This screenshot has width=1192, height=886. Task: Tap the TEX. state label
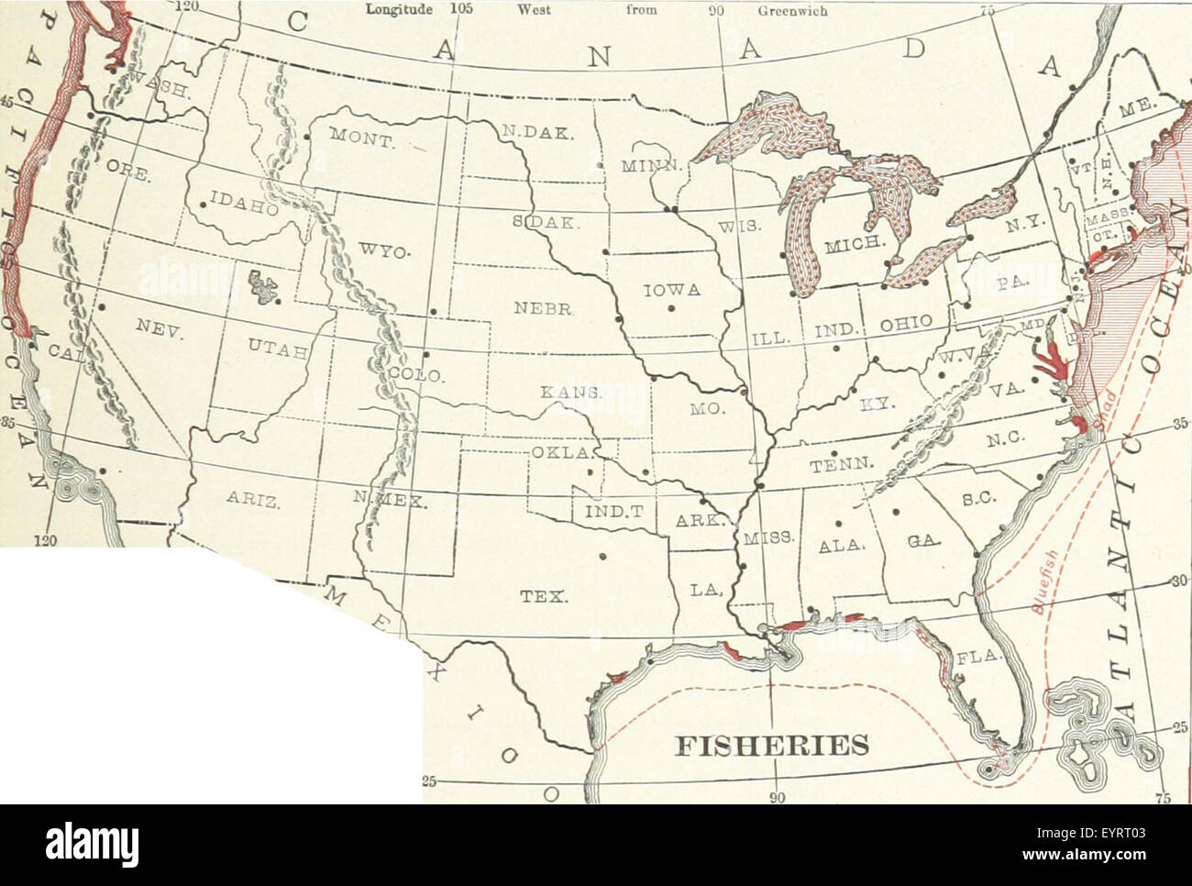click(x=544, y=595)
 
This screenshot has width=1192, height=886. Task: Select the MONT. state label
click(x=361, y=138)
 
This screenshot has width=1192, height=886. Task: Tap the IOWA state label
click(x=671, y=291)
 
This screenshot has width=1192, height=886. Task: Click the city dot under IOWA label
click(x=671, y=308)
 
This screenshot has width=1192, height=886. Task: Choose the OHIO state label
click(x=906, y=323)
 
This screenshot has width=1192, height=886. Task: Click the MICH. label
click(x=852, y=247)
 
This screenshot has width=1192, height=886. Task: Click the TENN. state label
click(x=832, y=467)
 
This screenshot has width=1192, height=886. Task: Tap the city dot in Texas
click(x=602, y=555)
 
